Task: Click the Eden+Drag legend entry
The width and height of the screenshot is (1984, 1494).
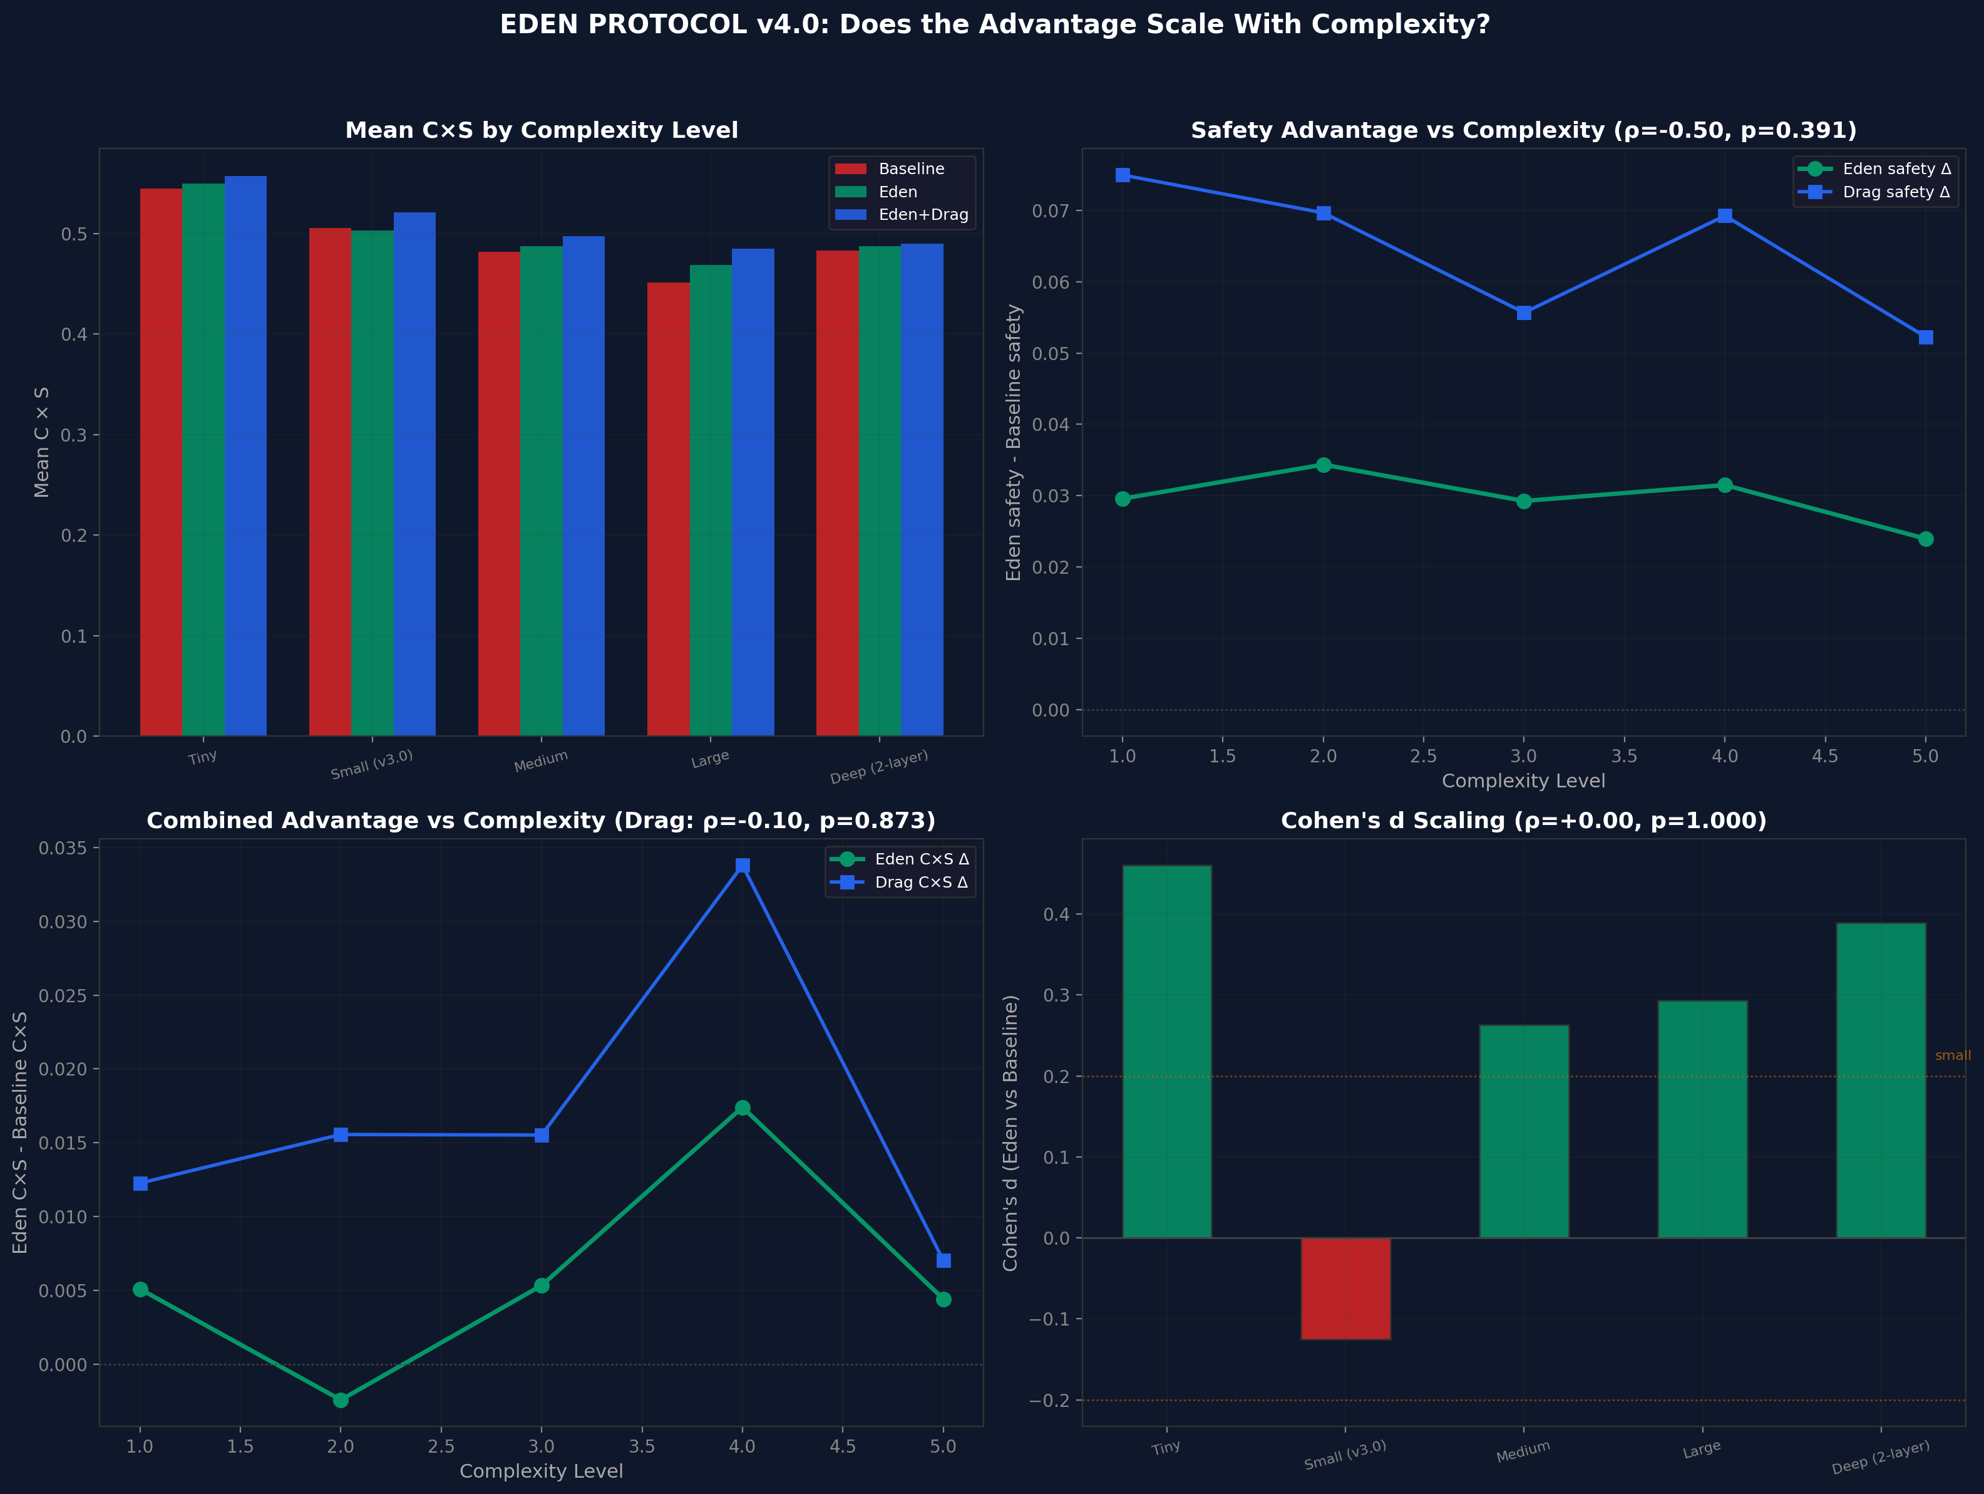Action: tap(923, 214)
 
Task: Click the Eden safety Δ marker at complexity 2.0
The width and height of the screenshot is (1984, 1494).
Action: tap(1323, 465)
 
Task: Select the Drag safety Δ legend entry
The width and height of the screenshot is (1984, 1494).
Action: tap(1895, 192)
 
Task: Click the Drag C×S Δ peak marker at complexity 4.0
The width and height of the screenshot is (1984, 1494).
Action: tap(743, 866)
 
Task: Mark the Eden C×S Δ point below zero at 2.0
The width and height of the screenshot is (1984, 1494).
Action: tap(341, 1400)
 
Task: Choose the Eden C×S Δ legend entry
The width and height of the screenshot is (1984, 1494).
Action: tap(921, 859)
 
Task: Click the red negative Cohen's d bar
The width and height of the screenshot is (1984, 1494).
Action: tap(1345, 1289)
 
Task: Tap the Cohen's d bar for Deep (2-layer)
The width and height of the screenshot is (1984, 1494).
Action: tap(1881, 1081)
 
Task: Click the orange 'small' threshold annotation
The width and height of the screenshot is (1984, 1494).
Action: tap(1951, 1056)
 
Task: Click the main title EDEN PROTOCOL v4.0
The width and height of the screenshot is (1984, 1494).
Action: tap(994, 25)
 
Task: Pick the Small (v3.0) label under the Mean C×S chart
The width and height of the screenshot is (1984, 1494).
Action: tap(371, 764)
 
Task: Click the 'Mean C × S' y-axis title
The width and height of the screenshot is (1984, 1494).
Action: tap(41, 442)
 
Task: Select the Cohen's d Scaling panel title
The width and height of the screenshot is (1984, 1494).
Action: tap(1523, 821)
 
